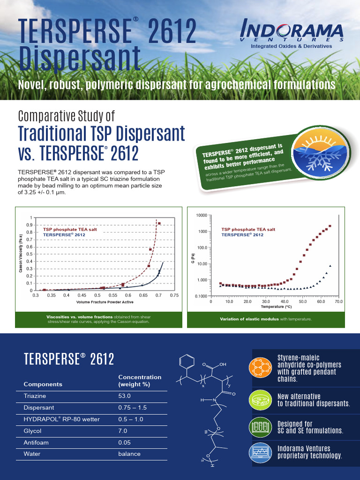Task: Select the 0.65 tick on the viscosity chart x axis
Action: point(313,296)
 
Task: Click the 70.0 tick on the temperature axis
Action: point(338,302)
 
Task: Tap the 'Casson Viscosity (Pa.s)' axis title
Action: point(21,254)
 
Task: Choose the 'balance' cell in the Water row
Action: point(129,454)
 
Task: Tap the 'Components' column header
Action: point(43,384)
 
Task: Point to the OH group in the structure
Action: point(222,364)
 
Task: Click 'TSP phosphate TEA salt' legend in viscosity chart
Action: point(70,229)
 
